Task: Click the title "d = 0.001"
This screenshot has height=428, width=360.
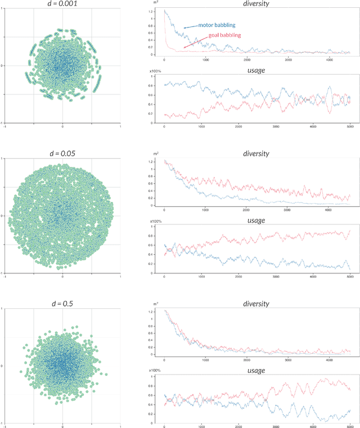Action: [x=62, y=4]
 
